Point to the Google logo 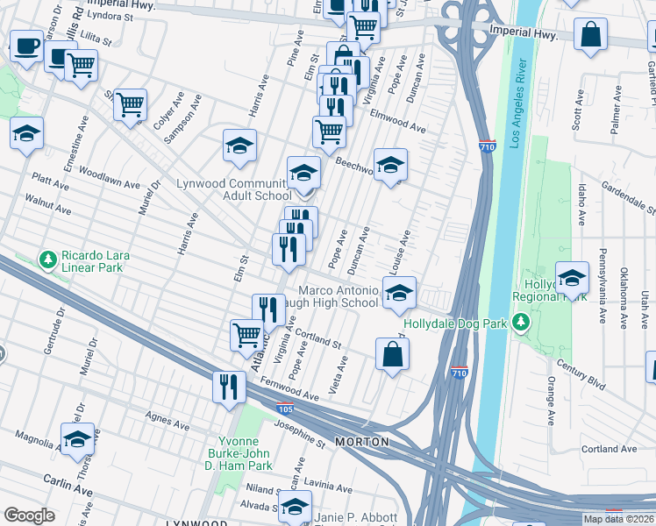[29, 515]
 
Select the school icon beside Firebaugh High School [399, 294]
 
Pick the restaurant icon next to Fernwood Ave [229, 386]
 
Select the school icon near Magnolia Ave [77, 438]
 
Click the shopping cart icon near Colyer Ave [130, 104]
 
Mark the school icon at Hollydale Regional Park [572, 280]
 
